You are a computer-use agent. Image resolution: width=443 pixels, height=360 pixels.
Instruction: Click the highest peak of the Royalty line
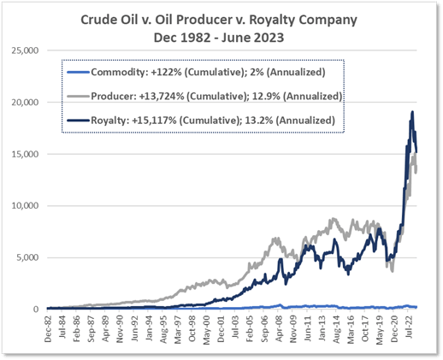(x=413, y=112)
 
